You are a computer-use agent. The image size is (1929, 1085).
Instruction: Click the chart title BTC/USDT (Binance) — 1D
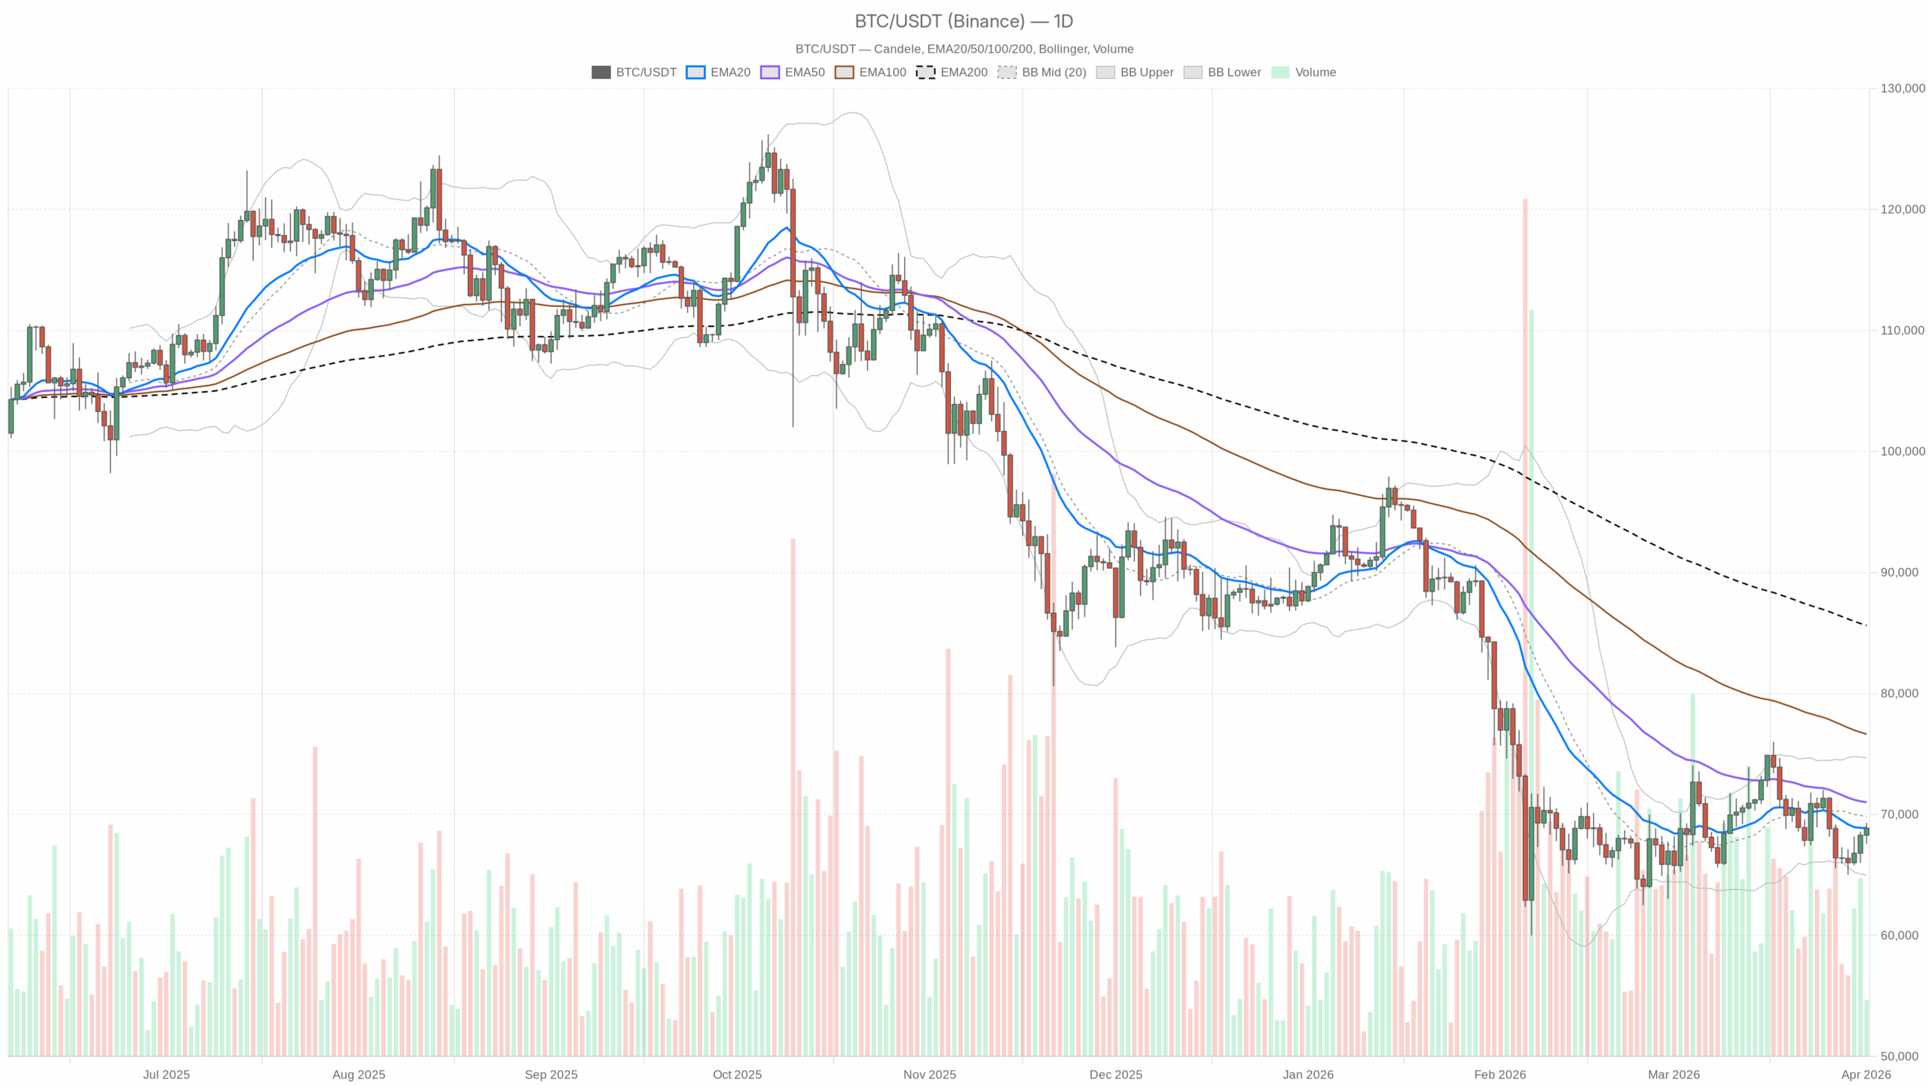point(964,21)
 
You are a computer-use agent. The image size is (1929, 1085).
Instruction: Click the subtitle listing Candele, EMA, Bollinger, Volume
point(964,49)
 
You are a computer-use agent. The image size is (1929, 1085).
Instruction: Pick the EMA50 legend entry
point(793,72)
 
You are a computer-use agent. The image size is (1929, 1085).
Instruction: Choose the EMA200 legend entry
point(952,72)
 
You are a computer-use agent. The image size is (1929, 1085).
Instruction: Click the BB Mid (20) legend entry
point(1042,72)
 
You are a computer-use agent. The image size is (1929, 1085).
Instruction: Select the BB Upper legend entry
point(1135,72)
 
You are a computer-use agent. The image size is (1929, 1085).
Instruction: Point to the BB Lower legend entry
point(1222,72)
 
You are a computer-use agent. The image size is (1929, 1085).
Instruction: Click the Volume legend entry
point(1304,72)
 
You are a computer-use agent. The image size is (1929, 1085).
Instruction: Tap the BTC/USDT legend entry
point(634,72)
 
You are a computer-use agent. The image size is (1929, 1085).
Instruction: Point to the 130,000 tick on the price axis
point(1903,88)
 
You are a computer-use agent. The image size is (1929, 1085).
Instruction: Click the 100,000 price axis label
point(1903,451)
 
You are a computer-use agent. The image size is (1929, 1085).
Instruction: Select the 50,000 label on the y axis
point(1903,1056)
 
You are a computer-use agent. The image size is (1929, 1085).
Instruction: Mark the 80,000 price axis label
point(1903,693)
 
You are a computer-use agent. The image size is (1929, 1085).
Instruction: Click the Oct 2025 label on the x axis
point(737,1074)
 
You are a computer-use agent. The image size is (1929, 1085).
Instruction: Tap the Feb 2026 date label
point(1499,1074)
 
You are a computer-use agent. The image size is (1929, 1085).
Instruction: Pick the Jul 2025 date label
point(167,1074)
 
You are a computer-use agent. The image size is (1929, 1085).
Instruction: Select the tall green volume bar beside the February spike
point(1531,678)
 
